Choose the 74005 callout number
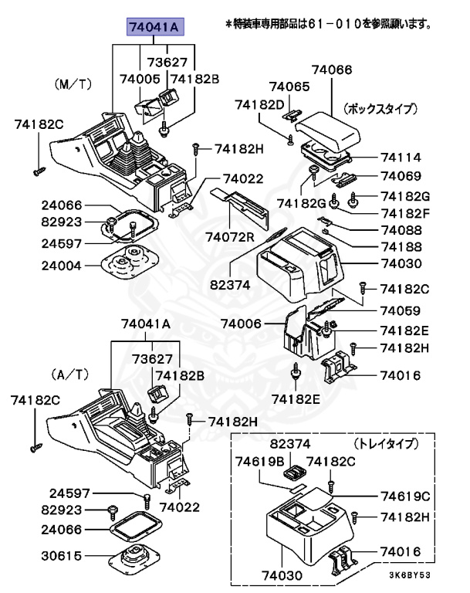[140, 79]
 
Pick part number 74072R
[229, 235]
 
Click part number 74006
[242, 324]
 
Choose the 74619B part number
[255, 462]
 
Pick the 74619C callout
[401, 495]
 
